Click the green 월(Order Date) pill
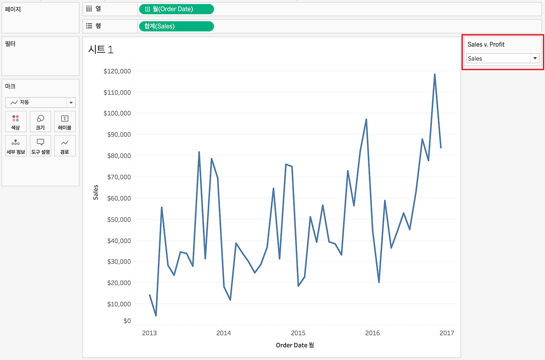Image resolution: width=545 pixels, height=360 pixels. pos(176,9)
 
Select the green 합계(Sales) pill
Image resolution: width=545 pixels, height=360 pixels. pos(176,26)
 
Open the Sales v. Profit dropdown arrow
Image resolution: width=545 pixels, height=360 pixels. pos(535,58)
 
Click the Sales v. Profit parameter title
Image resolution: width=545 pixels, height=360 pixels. pos(486,44)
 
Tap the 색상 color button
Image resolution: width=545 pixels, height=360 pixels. pos(16,121)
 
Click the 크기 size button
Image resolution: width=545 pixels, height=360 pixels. pos(40,121)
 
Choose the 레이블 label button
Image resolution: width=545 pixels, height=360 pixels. pos(65,121)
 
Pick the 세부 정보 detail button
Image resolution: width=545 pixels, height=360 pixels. pos(16,146)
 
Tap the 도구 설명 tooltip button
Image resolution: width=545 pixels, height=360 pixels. pos(40,146)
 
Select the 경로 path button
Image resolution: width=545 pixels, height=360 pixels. pos(65,146)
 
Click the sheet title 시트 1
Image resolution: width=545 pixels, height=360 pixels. pos(100,49)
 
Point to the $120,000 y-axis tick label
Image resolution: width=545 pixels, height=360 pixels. pos(117,71)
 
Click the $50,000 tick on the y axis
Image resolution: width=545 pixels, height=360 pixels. pos(119,219)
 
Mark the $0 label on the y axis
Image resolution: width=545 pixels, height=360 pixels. pos(127,321)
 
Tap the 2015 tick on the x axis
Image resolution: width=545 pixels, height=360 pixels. pos(298,333)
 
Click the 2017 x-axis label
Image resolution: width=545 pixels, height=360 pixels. pos(447,333)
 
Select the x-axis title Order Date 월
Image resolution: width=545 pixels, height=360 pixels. pos(295,345)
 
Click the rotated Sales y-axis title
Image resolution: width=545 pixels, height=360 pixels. pos(96,192)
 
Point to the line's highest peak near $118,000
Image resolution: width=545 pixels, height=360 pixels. pos(435,75)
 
